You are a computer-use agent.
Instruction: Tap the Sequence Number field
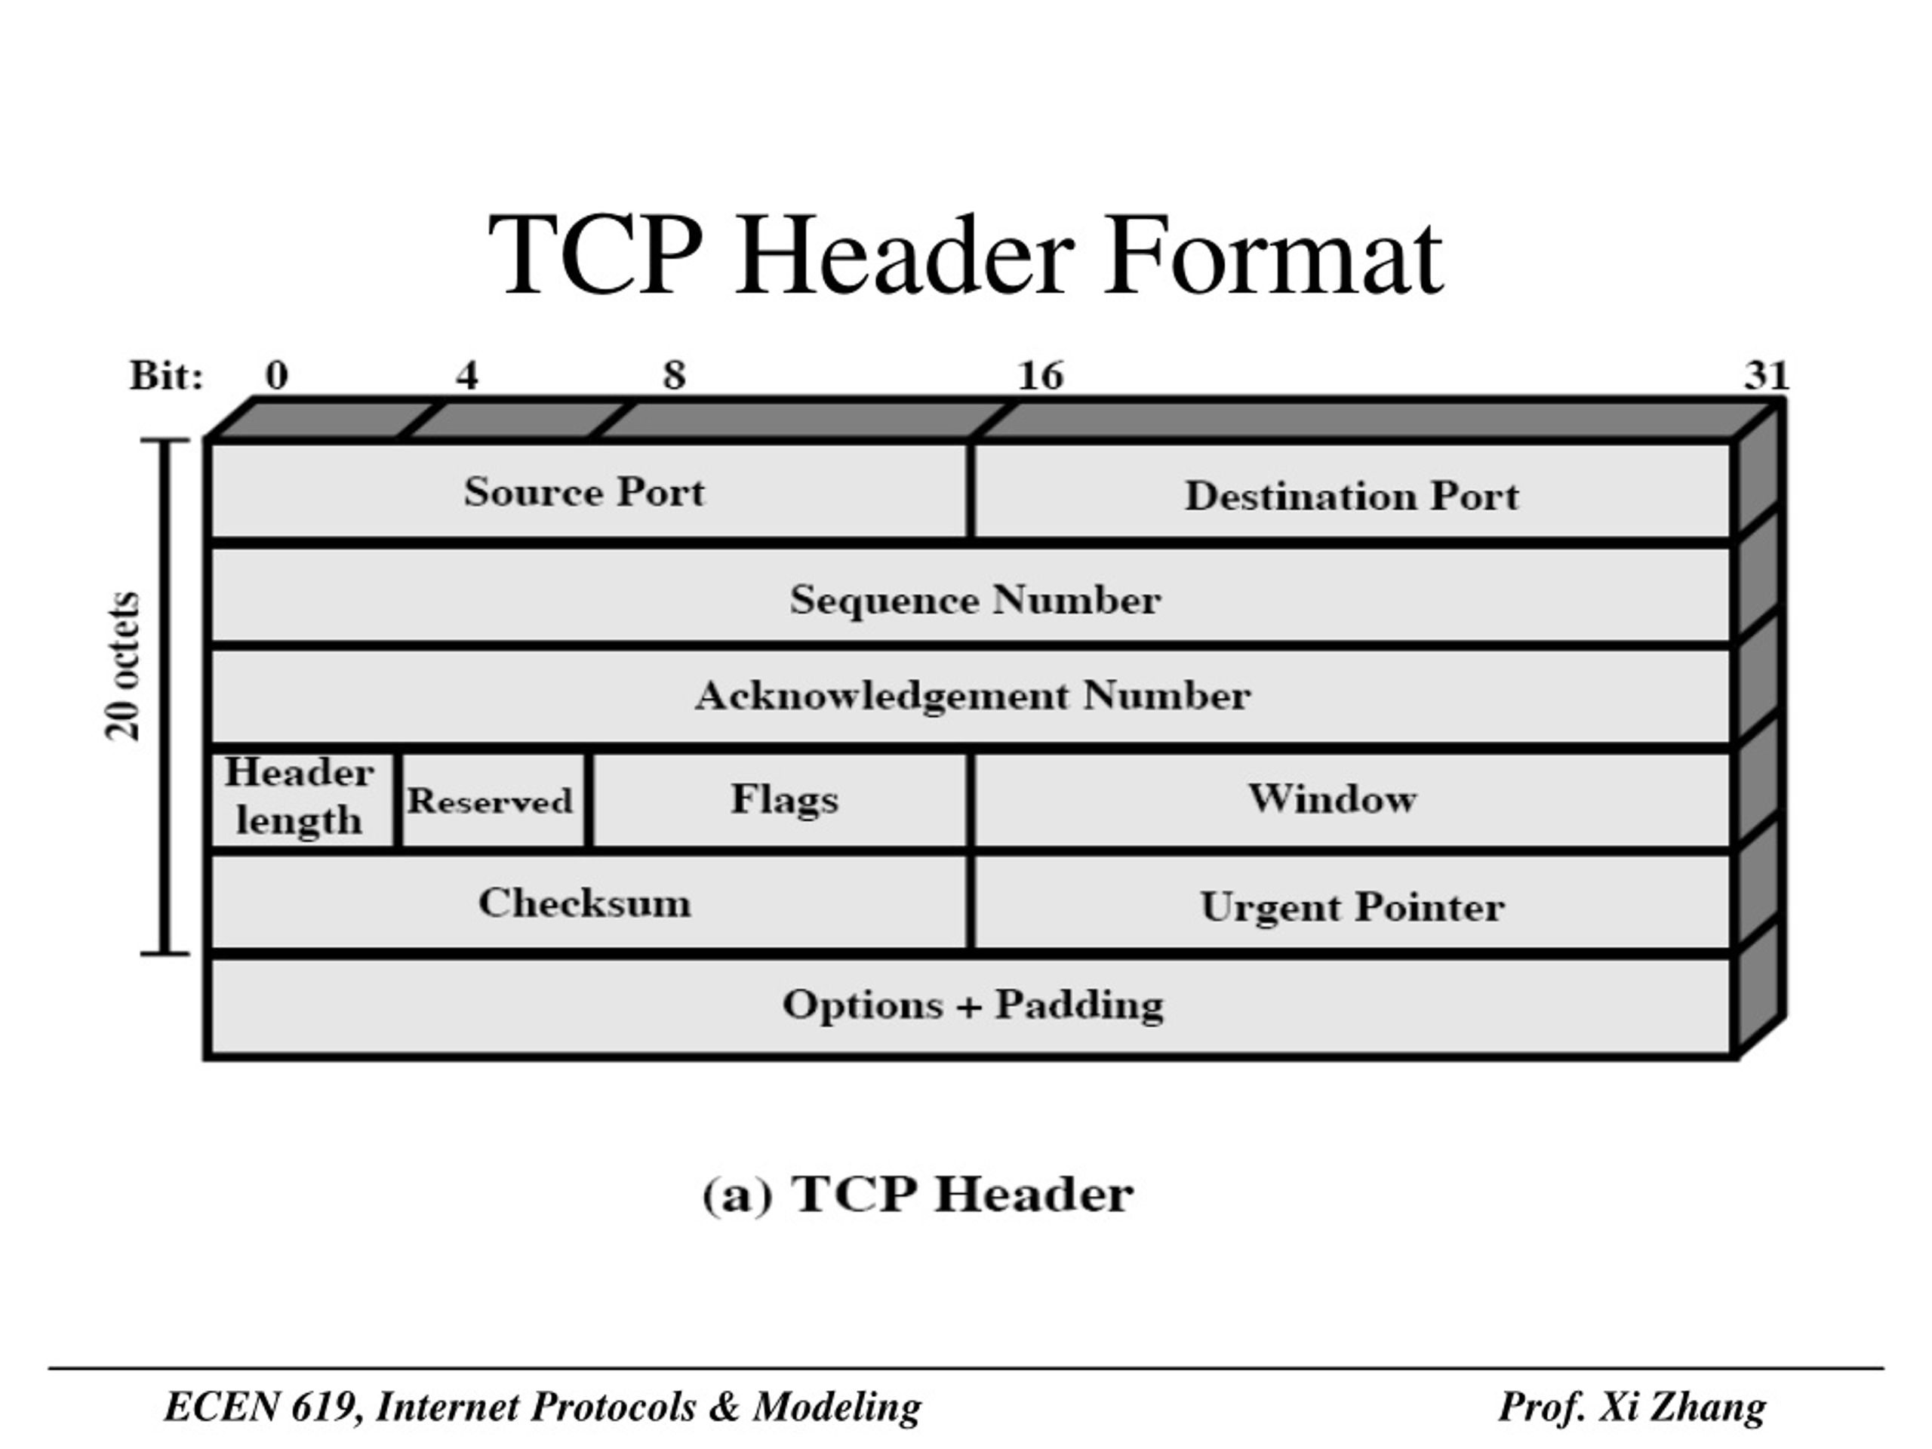click(971, 595)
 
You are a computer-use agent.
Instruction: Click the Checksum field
click(589, 901)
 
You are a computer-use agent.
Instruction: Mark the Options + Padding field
click(971, 1005)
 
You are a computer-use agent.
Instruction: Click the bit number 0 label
click(276, 376)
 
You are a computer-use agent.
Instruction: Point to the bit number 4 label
click(466, 376)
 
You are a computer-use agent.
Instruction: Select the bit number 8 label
click(674, 376)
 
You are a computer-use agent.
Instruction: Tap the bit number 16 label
click(1040, 376)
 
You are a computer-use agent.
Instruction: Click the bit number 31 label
click(1767, 376)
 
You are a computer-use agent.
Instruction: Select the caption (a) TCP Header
click(918, 1194)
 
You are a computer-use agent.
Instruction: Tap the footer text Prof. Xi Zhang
click(1632, 1407)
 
